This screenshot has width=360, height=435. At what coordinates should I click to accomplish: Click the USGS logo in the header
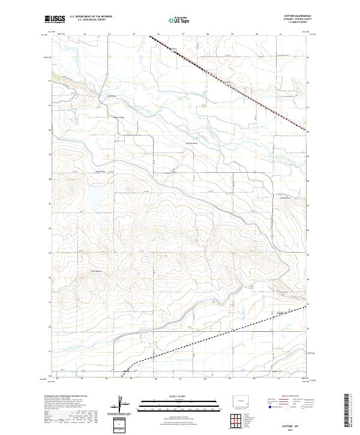click(55, 19)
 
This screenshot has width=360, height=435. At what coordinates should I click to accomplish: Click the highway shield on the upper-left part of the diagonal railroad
click(173, 50)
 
